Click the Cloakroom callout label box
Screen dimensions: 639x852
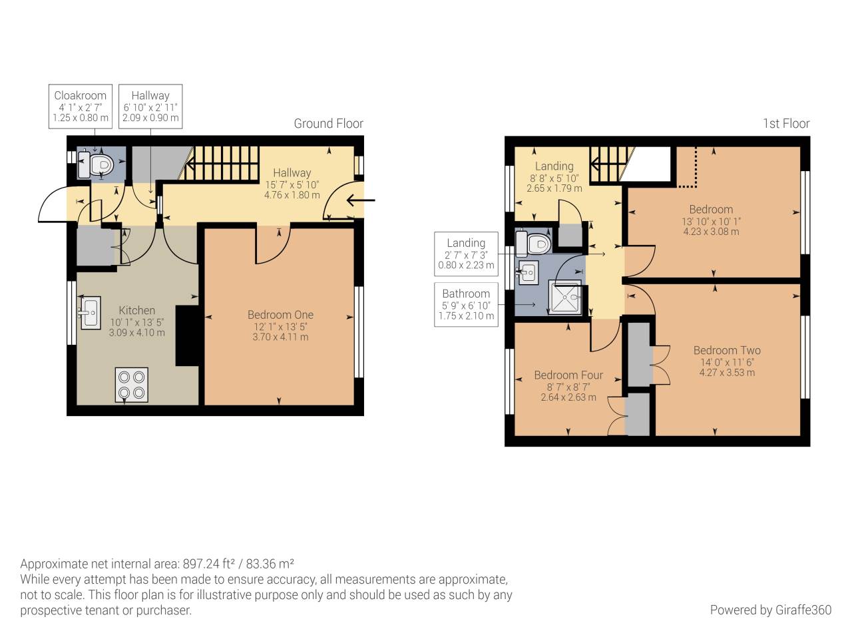click(81, 106)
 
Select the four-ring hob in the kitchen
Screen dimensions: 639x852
click(131, 385)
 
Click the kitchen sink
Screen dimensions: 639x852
click(90, 312)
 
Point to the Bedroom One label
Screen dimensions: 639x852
click(280, 315)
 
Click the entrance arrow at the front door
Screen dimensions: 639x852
click(361, 200)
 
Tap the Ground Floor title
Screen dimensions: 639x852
click(328, 124)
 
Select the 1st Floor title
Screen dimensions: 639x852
click(785, 124)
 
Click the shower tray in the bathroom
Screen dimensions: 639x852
click(564, 298)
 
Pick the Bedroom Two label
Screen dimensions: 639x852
click(727, 350)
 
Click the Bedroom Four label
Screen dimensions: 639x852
click(568, 375)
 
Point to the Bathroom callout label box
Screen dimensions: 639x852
click(466, 304)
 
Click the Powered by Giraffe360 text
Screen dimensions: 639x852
click(770, 610)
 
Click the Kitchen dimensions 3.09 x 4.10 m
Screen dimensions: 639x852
click(136, 333)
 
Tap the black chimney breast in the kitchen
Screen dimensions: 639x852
click(187, 335)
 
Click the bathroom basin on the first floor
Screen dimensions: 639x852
click(528, 272)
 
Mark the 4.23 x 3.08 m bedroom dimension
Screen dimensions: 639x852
click(711, 232)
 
